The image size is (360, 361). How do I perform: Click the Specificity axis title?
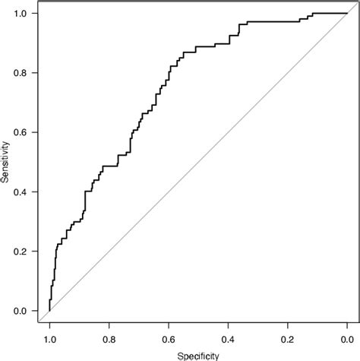click(x=197, y=354)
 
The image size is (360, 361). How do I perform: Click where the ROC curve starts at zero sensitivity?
click(x=49, y=310)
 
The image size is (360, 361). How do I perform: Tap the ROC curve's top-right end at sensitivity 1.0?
click(x=346, y=13)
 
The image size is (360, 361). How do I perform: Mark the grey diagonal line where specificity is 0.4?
click(x=228, y=132)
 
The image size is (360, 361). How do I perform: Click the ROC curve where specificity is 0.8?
click(x=109, y=166)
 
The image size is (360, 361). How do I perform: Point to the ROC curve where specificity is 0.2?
click(x=287, y=22)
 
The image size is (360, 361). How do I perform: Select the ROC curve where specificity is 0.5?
click(x=198, y=47)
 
